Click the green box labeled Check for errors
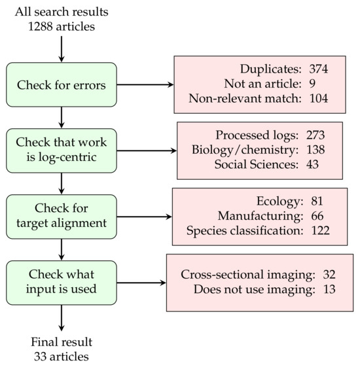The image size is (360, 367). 61,84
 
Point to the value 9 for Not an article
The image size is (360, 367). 315,84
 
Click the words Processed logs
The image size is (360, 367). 262,135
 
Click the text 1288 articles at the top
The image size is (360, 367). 61,26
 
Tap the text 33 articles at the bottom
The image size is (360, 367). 61,356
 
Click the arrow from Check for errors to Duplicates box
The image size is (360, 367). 145,84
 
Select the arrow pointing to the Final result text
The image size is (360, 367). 61,319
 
